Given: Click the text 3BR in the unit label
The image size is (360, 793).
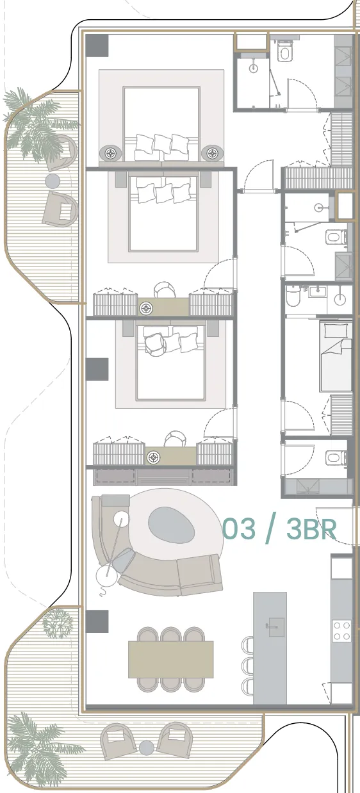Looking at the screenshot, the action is (311, 529).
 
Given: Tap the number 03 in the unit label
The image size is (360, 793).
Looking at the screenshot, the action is (239, 529).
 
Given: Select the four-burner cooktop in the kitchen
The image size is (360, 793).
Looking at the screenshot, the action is (342, 630).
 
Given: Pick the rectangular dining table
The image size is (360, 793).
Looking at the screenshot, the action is (170, 659).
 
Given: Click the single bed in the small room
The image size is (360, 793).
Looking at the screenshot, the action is (336, 356).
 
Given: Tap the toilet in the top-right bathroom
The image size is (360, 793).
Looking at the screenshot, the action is (285, 51).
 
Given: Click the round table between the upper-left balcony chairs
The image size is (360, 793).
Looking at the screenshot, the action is (53, 181).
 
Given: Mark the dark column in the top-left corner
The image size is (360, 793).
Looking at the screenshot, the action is (97, 45).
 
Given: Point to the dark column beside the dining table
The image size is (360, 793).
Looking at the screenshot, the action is (97, 621).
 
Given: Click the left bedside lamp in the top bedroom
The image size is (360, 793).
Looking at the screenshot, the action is (111, 153).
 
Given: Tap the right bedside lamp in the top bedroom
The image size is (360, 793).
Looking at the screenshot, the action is (212, 153).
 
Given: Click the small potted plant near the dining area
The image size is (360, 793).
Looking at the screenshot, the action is (58, 623).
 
